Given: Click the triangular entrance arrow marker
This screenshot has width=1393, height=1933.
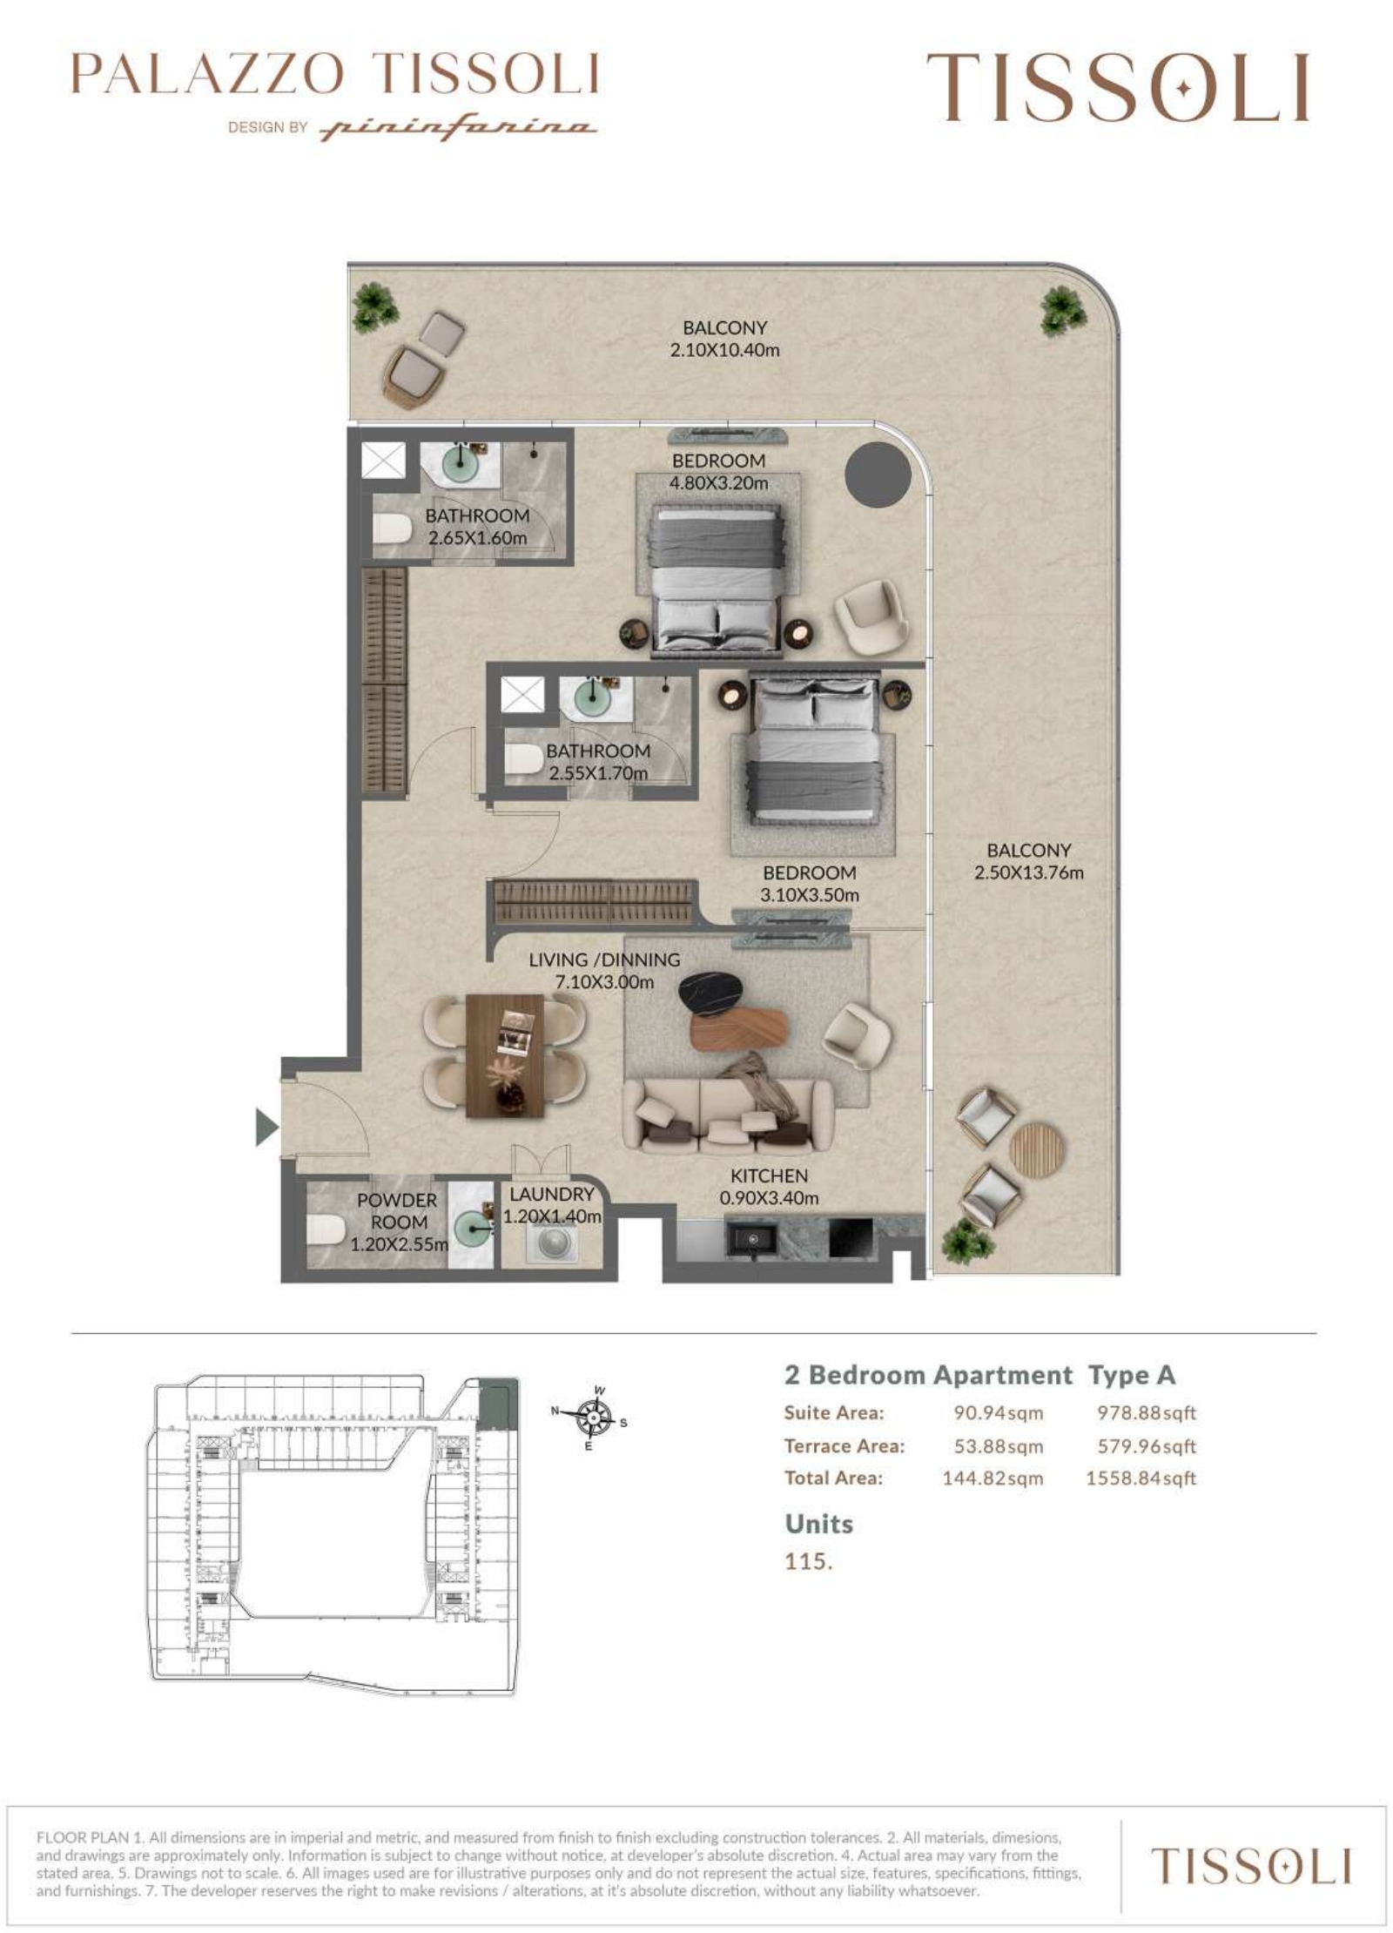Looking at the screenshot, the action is click(266, 1128).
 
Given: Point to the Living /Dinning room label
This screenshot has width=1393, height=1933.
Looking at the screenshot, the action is click(604, 960).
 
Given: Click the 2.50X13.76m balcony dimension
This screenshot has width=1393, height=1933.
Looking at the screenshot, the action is click(1028, 872).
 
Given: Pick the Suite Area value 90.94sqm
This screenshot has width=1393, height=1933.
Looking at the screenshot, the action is click(998, 1413).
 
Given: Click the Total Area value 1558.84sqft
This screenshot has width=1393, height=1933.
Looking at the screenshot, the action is click(1141, 1478).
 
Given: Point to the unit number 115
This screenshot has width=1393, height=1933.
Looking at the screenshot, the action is click(808, 1561).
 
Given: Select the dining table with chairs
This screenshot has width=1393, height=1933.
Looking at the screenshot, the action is click(504, 1055).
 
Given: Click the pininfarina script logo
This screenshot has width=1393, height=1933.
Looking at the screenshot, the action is click(458, 129).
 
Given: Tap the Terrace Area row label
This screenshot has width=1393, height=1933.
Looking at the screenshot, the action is click(844, 1446).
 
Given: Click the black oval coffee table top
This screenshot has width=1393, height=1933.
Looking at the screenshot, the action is click(712, 993).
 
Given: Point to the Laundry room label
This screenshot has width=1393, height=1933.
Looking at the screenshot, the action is click(552, 1195).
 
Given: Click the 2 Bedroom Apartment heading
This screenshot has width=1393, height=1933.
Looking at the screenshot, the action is click(928, 1376).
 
